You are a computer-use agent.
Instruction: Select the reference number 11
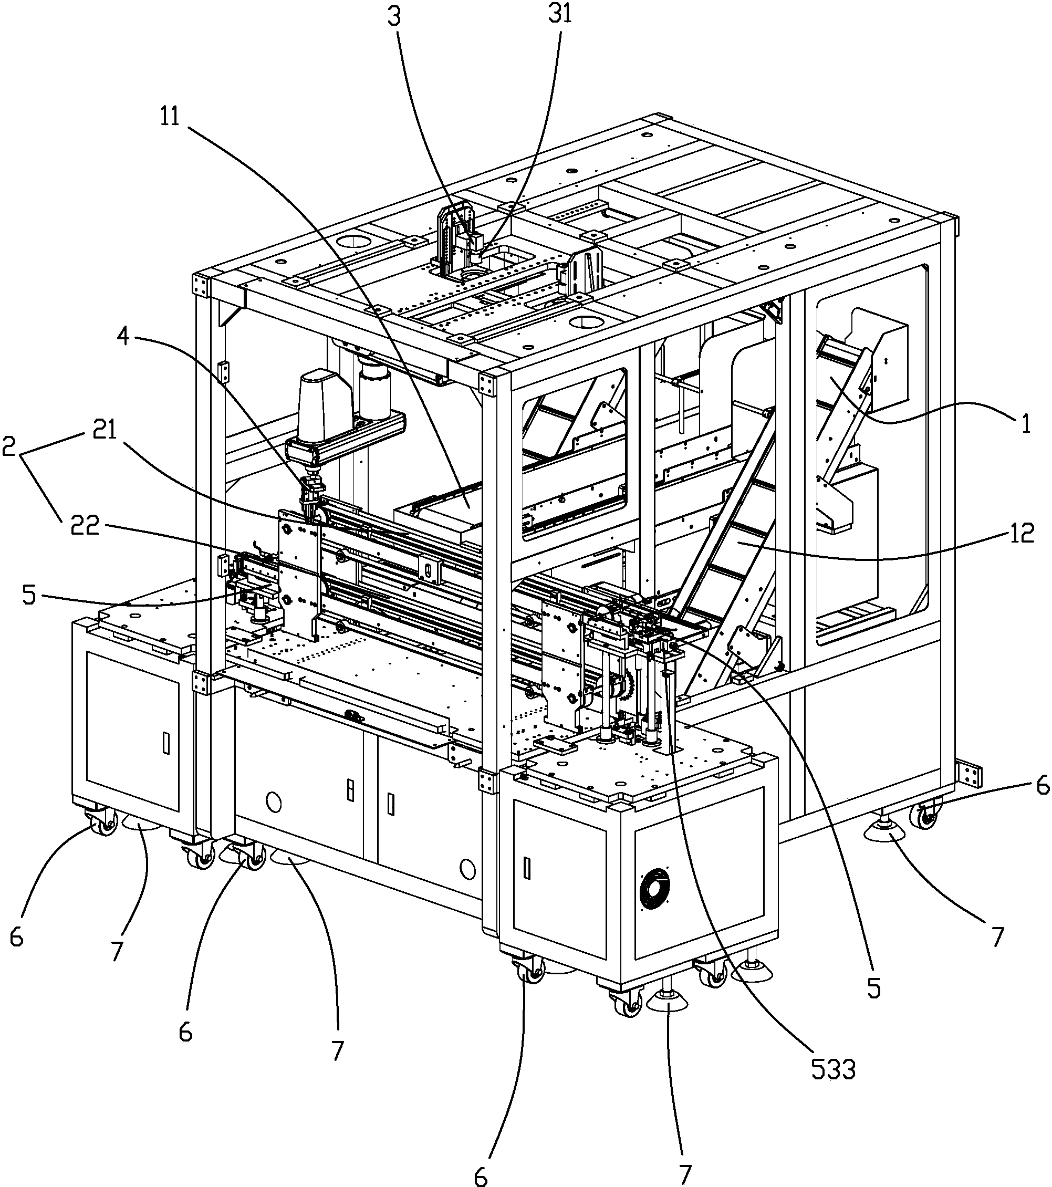tap(170, 116)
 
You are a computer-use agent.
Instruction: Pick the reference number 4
tap(122, 337)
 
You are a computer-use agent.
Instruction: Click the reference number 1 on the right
tap(1025, 424)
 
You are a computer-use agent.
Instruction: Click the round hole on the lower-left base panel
tap(273, 803)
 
